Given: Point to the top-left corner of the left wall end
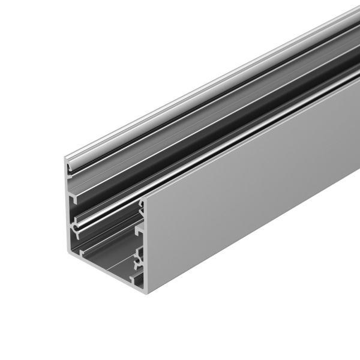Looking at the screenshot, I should pos(64,157).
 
